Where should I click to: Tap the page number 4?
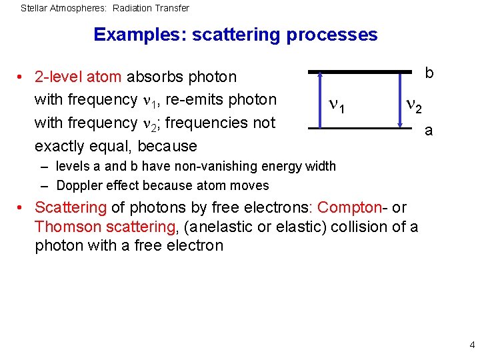coord(472,345)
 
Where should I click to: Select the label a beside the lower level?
coord(429,131)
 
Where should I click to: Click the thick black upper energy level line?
coord(360,71)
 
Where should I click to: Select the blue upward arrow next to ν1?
coord(320,100)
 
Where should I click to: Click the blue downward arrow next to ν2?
coord(400,100)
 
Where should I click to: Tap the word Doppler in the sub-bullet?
coord(79,185)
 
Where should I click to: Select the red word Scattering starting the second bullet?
coord(70,208)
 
